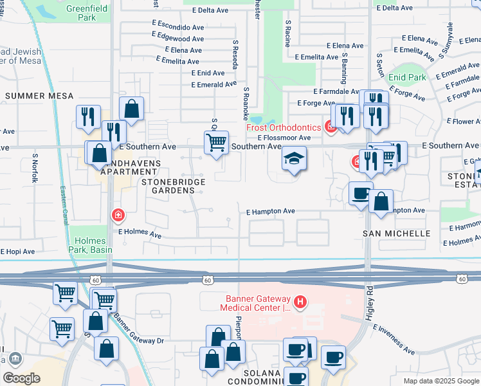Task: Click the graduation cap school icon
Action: (x=293, y=159)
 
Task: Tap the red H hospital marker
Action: (x=299, y=301)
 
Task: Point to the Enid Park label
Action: (x=407, y=77)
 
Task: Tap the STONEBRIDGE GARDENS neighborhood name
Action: (x=174, y=186)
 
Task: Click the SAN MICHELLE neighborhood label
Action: (x=396, y=233)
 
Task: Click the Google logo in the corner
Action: (x=22, y=378)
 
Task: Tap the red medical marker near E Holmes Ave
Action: (x=118, y=215)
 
